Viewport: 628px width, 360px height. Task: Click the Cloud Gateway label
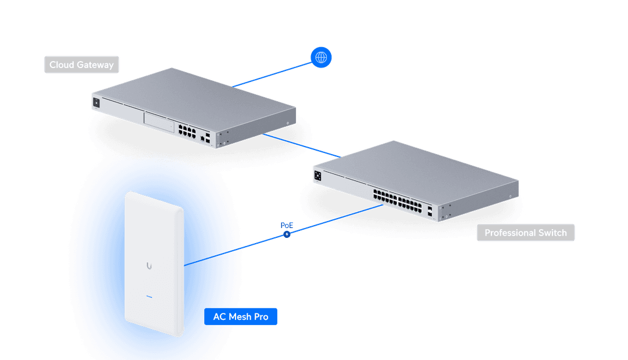point(81,65)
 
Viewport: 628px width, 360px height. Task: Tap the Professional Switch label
point(526,233)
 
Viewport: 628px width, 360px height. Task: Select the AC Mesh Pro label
point(241,317)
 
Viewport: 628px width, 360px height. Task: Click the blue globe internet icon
point(321,57)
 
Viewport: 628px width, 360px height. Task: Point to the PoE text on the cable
point(287,224)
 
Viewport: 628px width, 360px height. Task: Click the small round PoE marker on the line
point(286,234)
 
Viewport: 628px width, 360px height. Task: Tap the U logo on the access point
point(150,266)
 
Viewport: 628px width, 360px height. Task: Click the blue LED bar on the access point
point(149,297)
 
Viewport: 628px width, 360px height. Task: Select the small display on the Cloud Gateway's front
point(97,103)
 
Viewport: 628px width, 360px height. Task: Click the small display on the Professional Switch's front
point(318,175)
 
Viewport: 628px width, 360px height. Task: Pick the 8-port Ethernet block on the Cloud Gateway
point(187,130)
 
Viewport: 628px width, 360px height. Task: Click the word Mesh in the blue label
point(241,317)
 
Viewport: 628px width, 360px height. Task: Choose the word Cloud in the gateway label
point(61,65)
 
